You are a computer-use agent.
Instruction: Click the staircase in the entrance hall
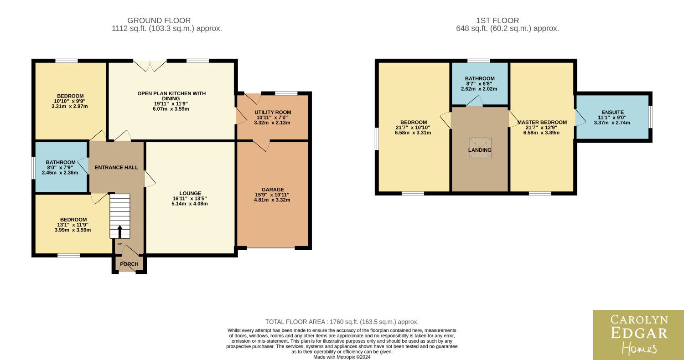[x=120, y=216]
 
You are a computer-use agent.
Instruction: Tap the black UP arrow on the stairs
[x=120, y=232]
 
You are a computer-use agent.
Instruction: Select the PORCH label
[x=129, y=264]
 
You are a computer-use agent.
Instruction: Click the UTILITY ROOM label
[x=273, y=112]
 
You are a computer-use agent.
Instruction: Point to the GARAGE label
[x=273, y=190]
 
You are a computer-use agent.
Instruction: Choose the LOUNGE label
[x=190, y=193]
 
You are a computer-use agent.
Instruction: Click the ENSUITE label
[x=612, y=112]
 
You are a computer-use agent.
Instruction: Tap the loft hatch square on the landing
[x=480, y=148]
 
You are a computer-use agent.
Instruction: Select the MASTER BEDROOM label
[x=542, y=122]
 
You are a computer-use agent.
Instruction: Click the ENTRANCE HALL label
[x=116, y=168]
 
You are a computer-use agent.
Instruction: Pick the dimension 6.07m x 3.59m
[x=171, y=109]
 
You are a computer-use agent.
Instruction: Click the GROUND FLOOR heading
[x=159, y=21]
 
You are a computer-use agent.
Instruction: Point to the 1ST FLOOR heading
[x=498, y=21]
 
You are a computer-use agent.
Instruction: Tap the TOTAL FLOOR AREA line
[x=342, y=322]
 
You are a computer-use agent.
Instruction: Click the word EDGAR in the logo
[x=639, y=333]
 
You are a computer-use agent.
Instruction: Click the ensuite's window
[x=650, y=117]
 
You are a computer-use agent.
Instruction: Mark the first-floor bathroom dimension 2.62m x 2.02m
[x=479, y=89]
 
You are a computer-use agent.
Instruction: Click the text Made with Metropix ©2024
[x=342, y=357]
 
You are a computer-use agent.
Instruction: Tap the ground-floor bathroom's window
[x=33, y=168]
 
